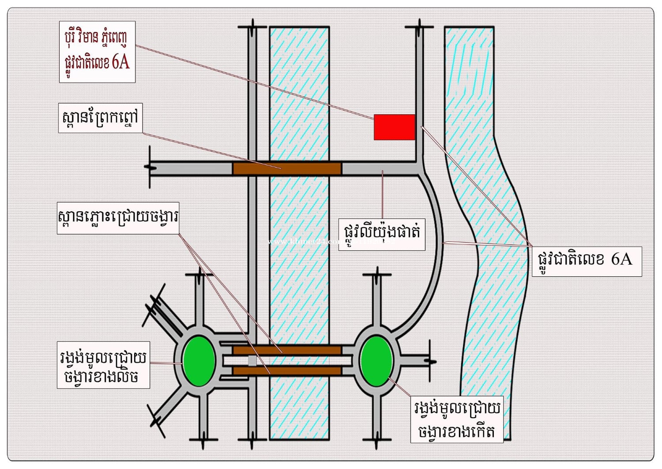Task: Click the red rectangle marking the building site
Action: click(394, 127)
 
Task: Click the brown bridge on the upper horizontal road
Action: click(287, 168)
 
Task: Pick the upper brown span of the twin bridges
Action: click(287, 351)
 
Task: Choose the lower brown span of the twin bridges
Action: click(287, 370)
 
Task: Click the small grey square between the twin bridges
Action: click(252, 361)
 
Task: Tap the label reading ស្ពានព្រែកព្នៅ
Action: click(100, 118)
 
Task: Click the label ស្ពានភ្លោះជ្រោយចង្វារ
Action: click(118, 218)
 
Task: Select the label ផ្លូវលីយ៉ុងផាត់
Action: click(381, 233)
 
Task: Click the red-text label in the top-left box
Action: click(97, 51)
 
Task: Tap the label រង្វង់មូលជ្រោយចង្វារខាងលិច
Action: click(103, 366)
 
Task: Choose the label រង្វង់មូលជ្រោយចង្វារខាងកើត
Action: click(456, 419)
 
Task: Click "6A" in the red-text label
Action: click(120, 61)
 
